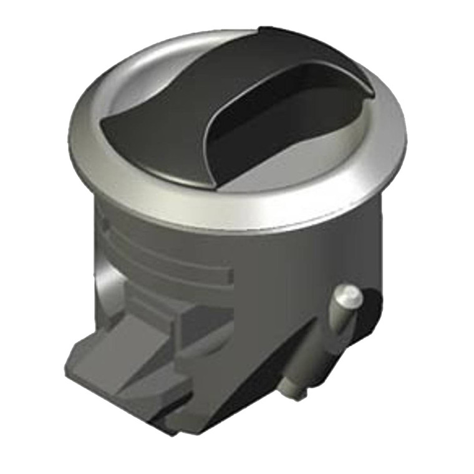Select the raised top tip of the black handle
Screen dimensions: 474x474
[x=274, y=31]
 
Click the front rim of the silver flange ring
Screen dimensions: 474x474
[x=237, y=215]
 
